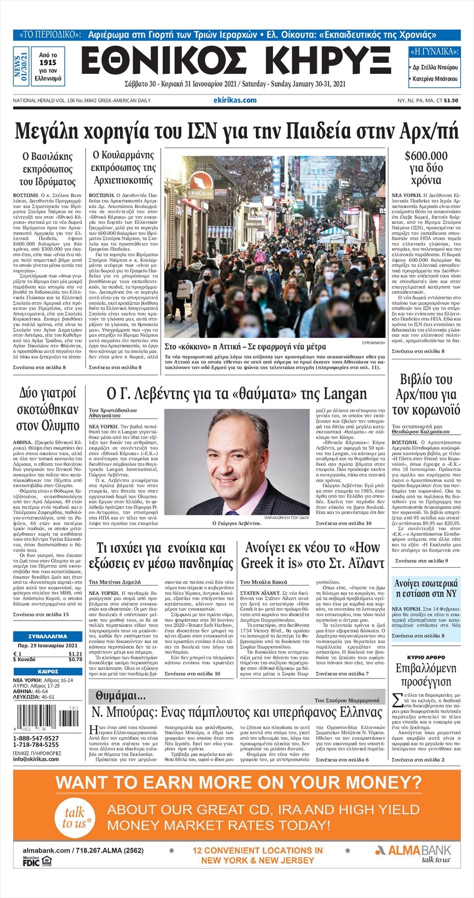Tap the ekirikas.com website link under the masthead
tap(235, 100)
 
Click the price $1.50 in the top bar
tap(451, 101)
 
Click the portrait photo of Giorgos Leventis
tap(237, 462)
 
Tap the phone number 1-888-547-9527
tap(36, 738)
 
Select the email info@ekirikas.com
tap(36, 759)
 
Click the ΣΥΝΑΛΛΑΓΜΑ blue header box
tap(48, 636)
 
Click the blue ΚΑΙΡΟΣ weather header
tap(48, 671)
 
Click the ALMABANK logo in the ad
tap(413, 850)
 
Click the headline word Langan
tap(345, 394)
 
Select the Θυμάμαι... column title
tap(120, 696)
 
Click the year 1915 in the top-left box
tap(48, 63)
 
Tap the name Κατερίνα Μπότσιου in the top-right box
tap(435, 79)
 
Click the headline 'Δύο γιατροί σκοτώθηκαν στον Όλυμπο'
tap(48, 410)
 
